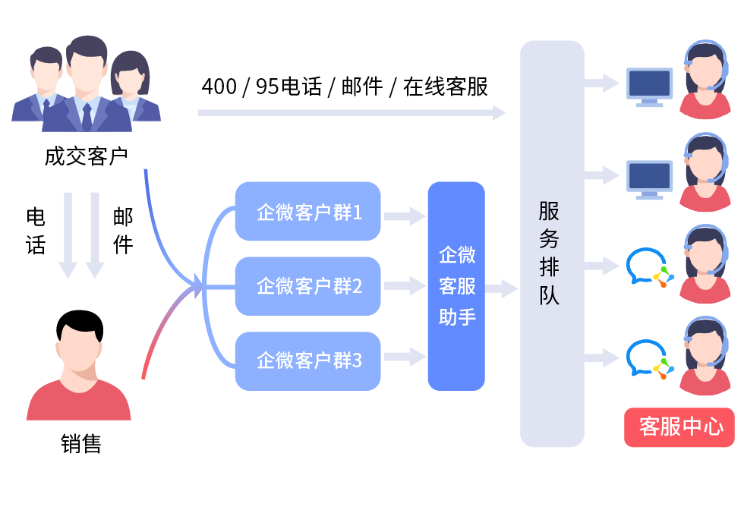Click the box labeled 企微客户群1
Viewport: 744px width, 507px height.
307,212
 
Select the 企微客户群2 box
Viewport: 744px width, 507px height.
307,286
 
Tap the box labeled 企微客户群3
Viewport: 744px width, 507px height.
307,361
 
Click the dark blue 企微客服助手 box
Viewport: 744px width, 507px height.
456,286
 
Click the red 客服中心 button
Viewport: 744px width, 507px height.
680,427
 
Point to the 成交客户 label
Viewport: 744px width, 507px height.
85,157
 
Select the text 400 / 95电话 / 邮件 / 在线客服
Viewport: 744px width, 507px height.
345,87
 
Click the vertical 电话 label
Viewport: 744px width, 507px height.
36,231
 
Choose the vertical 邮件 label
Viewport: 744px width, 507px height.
123,231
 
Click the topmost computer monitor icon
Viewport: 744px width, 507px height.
650,85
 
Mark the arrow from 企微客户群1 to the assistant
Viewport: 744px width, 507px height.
404,216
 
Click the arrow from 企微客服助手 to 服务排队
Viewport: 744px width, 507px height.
502,289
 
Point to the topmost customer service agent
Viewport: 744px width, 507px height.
705,80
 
